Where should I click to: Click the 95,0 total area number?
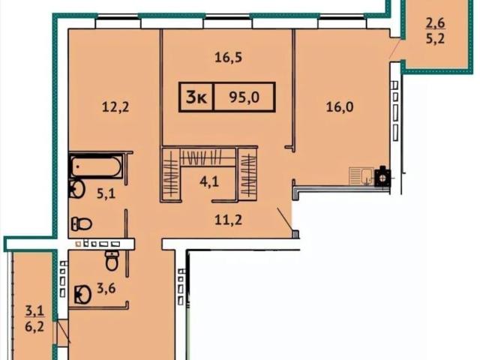[244, 97]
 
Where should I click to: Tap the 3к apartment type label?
[196, 97]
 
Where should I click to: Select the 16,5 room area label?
[228, 58]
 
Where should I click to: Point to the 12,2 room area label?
[115, 107]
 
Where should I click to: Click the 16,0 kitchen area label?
[340, 107]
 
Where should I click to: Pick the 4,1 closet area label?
[209, 182]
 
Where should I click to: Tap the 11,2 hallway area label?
[228, 220]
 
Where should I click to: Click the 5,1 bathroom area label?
[106, 194]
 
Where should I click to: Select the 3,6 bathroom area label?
[106, 288]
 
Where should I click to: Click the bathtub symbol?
[97, 166]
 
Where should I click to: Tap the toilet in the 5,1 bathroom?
[82, 224]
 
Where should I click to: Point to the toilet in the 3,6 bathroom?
[112, 260]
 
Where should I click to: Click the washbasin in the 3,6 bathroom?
[82, 295]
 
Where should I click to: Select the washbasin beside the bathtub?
[76, 189]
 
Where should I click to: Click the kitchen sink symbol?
[361, 176]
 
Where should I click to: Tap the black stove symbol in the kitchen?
[382, 177]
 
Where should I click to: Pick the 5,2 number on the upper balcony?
[435, 39]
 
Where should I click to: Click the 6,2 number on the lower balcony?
[34, 327]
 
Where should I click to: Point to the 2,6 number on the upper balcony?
[435, 22]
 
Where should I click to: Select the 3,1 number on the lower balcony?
[34, 311]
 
